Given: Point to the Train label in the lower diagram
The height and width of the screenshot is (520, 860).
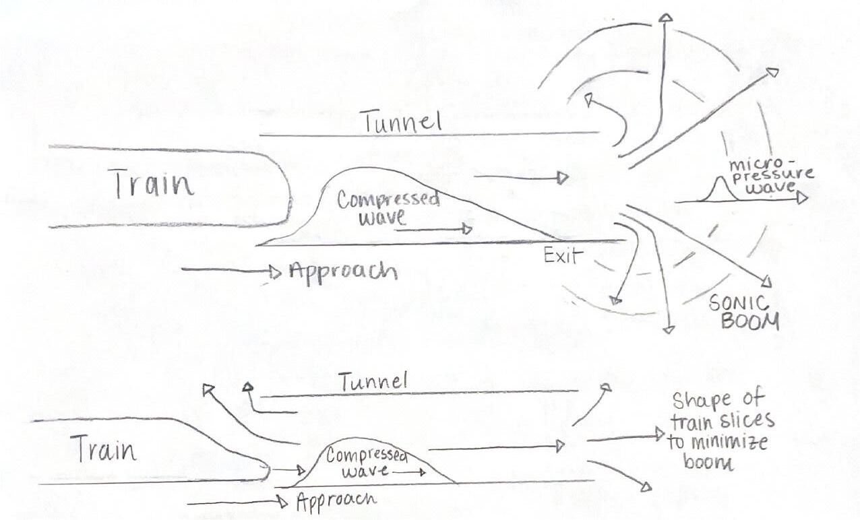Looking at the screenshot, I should coord(103,449).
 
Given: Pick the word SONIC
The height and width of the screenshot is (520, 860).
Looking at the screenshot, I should coord(739,304).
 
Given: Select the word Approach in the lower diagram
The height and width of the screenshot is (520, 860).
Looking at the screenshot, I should coord(336,500).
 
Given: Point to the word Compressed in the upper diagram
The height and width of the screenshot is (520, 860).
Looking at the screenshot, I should coord(388,200).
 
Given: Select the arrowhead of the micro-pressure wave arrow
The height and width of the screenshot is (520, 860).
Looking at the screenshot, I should coord(801,199).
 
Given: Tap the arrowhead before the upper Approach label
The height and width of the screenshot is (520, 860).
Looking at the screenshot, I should coord(275,272).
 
